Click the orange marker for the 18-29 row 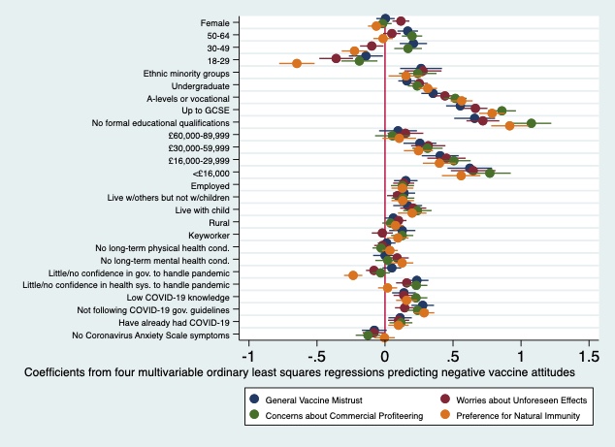[297, 64]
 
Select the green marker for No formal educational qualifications [531, 123]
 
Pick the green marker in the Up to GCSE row [502, 111]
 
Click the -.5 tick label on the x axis [316, 354]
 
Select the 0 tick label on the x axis [385, 354]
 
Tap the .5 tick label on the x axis [452, 354]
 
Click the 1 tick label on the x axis [521, 354]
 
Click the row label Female [214, 22]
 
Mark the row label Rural [218, 223]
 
